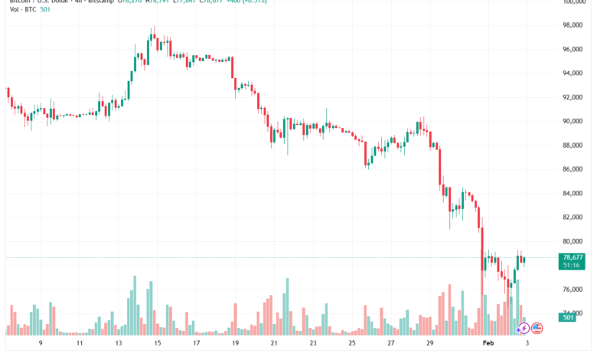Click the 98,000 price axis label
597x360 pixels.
573,25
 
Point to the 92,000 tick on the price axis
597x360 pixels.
573,97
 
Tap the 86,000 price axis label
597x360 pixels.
573,169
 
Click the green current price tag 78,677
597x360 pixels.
573,258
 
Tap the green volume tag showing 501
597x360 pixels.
569,317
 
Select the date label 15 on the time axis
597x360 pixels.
157,345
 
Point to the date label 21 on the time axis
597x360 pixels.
273,345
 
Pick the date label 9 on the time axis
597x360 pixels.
41,345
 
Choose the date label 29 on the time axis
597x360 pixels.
429,345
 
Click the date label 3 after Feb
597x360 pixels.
527,345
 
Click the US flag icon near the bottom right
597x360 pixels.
537,328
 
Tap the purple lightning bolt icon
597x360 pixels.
523,328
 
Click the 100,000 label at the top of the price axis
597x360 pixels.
573,2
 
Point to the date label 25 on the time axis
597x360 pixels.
351,345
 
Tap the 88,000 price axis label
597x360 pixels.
573,146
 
